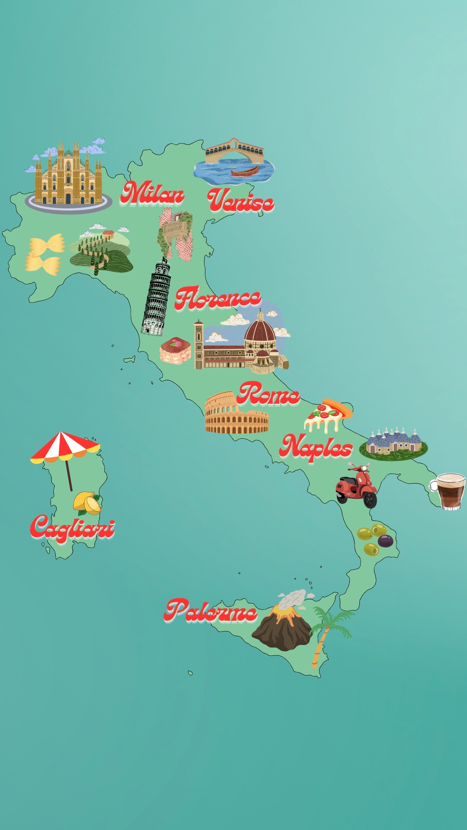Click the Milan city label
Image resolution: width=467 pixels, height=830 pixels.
[x=152, y=193]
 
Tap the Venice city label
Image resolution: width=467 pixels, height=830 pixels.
[x=240, y=200]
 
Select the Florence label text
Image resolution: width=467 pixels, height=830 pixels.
[x=218, y=298]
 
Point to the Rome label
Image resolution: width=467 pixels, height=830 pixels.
[x=268, y=394]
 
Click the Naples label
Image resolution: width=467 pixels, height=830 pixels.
[x=316, y=447]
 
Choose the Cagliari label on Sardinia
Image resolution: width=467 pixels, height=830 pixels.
[x=72, y=527]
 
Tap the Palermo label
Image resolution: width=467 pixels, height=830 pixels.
[x=211, y=611]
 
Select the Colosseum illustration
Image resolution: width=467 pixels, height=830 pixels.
[x=236, y=414]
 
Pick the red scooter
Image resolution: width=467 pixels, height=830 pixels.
[x=357, y=486]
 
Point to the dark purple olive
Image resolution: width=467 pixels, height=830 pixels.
[x=385, y=541]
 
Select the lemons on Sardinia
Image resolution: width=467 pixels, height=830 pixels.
[x=87, y=503]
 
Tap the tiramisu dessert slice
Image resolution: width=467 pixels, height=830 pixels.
[x=175, y=350]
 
